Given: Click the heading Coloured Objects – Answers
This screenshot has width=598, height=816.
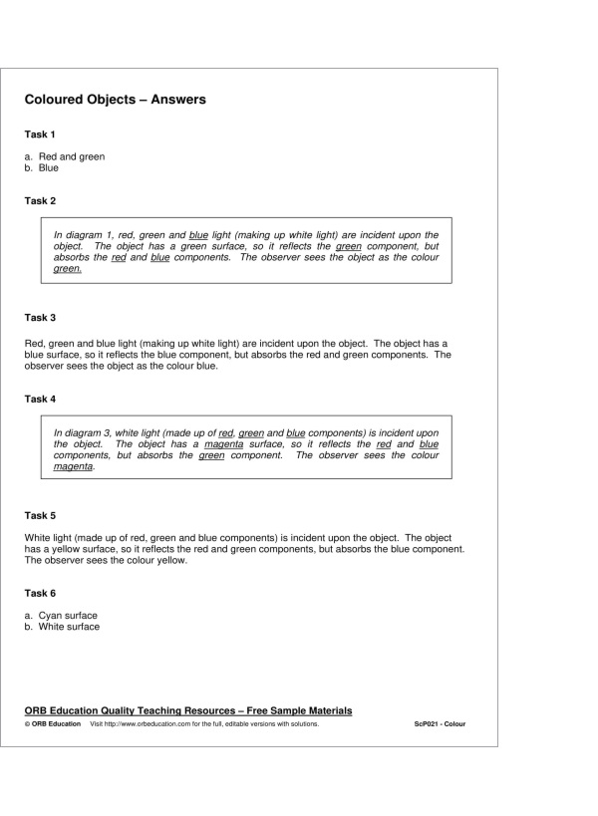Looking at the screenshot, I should (115, 100).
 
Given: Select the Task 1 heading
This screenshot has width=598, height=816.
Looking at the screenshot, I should (40, 134).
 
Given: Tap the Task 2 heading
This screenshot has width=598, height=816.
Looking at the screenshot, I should (40, 200).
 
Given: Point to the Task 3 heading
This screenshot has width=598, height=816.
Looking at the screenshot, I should (40, 318).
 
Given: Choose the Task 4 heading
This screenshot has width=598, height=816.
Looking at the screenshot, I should (40, 399).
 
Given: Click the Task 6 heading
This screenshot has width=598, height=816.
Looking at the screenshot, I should (40, 593).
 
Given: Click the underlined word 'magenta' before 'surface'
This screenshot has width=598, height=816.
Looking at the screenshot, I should (224, 444).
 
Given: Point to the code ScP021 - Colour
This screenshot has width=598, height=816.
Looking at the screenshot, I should (440, 724).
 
